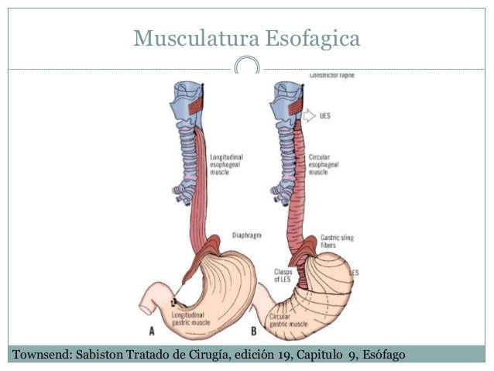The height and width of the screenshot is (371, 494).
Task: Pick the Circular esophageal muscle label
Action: (324, 164)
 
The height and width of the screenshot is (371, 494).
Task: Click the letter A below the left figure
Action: (150, 331)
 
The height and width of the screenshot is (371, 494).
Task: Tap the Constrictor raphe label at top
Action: (331, 76)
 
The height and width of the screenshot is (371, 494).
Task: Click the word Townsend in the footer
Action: (38, 356)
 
